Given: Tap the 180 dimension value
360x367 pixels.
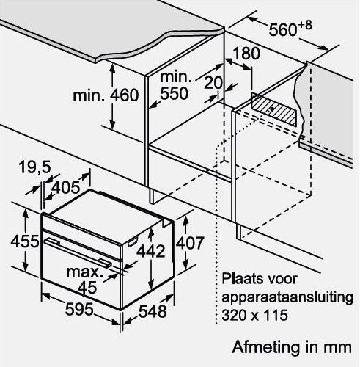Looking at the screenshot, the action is (x=246, y=54).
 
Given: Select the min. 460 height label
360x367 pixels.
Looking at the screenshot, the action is (x=106, y=95).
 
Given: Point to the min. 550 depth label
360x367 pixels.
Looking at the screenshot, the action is (x=175, y=85).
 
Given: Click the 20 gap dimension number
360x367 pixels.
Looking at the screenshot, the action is (x=213, y=83).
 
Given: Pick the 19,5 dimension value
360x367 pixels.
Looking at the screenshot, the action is (x=34, y=167).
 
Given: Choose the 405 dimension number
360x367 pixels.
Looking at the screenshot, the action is (x=66, y=187).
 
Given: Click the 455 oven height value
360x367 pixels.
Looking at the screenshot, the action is (x=25, y=241).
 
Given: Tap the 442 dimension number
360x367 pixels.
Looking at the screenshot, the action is (x=151, y=251).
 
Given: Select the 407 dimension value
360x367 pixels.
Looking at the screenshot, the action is (x=190, y=243).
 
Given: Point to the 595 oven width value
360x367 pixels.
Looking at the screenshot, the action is (x=79, y=309).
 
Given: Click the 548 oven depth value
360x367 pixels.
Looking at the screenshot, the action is (x=153, y=311).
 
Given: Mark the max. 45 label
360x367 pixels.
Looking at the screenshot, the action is (x=85, y=280).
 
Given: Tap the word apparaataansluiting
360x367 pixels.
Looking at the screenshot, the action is (x=287, y=298).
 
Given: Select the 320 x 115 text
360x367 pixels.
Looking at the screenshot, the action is (x=254, y=315).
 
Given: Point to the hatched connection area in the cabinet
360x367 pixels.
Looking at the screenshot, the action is (x=275, y=109).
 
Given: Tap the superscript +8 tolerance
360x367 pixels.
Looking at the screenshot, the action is (x=305, y=26).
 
